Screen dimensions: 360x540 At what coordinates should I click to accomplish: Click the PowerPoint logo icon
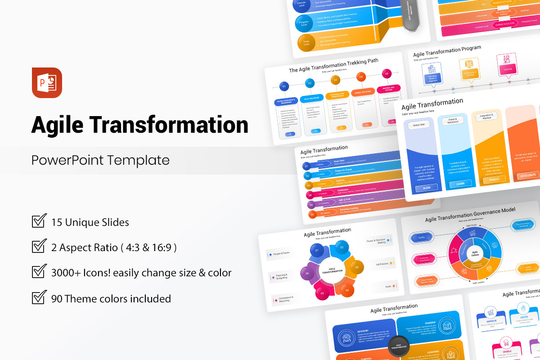tap(47, 82)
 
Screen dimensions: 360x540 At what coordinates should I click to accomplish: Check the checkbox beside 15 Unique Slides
tap(40, 221)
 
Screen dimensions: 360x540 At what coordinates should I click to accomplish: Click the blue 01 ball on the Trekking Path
tap(284, 86)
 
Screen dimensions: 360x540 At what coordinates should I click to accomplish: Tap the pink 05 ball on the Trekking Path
tap(386, 73)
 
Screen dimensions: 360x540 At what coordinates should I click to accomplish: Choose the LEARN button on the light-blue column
tap(460, 184)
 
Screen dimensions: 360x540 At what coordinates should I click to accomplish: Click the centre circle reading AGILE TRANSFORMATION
tap(332, 270)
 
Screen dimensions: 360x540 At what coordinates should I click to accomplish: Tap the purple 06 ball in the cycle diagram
tap(308, 273)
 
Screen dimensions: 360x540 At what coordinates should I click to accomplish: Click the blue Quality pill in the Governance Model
tap(422, 238)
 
